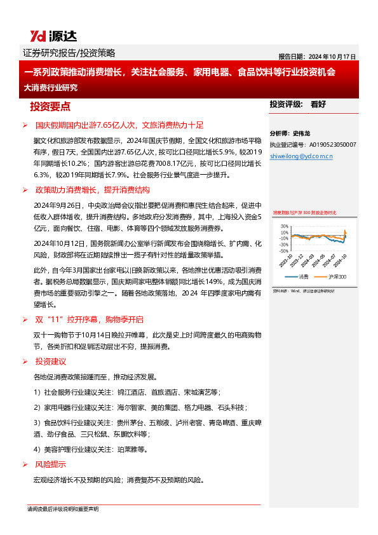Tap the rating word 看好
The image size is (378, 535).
pos(318,104)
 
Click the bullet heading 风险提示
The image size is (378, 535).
pos(50,464)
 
